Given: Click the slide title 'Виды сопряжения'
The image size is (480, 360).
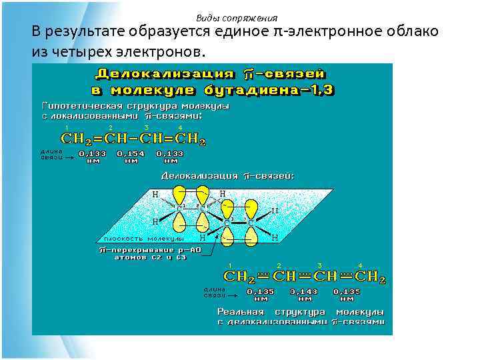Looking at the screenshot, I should [237, 18].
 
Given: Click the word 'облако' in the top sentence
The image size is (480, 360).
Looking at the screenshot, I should [410, 31].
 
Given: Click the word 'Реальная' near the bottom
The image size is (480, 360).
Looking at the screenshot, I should [241, 311].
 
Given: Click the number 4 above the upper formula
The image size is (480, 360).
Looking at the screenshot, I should [180, 127].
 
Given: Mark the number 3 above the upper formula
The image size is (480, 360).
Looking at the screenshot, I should [146, 127].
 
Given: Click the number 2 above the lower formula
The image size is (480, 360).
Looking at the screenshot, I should [279, 265].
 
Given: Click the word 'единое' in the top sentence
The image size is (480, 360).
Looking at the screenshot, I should [247, 31].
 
